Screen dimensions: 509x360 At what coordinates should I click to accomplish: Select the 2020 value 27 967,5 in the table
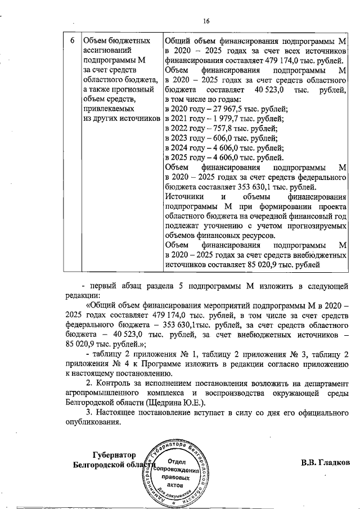pyautogui.click(x=220, y=109)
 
